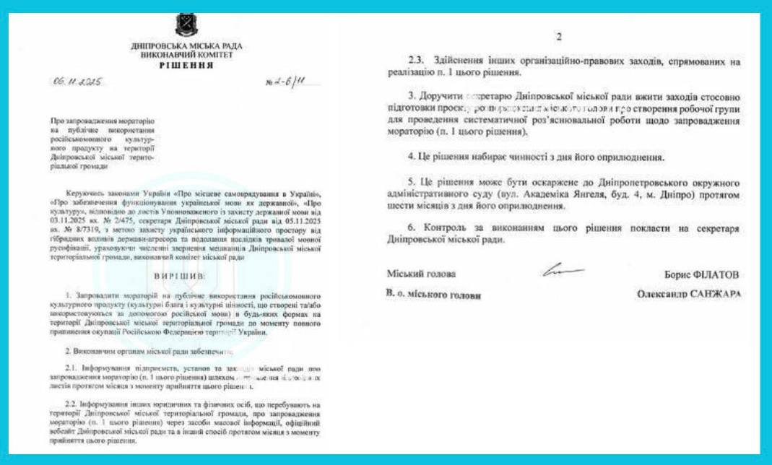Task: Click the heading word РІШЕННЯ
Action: [186, 65]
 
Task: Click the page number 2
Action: [558, 38]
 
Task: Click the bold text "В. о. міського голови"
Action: [433, 295]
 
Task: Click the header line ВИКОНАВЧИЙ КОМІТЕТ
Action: [186, 56]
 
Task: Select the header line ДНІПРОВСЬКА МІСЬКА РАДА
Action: [186, 46]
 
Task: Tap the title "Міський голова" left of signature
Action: [421, 274]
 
